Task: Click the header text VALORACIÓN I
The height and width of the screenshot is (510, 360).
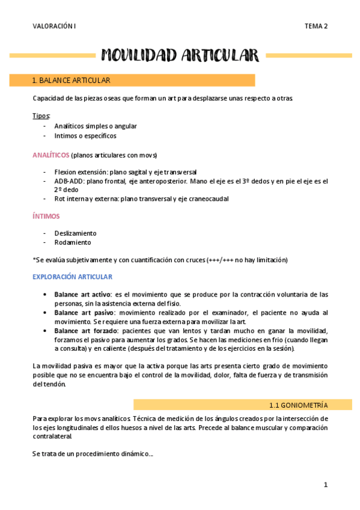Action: click(54, 26)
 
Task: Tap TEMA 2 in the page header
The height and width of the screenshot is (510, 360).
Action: click(316, 26)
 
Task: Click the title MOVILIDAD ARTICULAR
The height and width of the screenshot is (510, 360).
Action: click(180, 56)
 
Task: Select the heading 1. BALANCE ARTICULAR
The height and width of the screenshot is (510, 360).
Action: click(71, 80)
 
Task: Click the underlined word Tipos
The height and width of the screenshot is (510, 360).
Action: click(41, 115)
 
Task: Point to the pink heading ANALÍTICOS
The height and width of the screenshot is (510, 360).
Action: click(50, 155)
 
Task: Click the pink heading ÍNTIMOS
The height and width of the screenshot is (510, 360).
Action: click(46, 216)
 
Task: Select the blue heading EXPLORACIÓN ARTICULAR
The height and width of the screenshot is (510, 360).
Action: click(72, 277)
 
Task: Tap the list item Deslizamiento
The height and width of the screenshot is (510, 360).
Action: click(75, 233)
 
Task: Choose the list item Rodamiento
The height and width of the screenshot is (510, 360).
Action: click(73, 242)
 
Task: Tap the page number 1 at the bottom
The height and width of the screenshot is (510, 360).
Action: click(325, 485)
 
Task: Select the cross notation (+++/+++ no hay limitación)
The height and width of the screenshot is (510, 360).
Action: click(246, 260)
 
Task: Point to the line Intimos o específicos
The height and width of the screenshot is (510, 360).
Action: click(85, 136)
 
